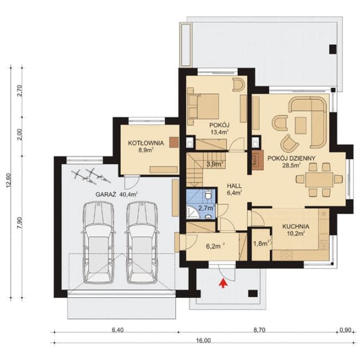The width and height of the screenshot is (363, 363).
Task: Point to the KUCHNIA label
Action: [x=296, y=226]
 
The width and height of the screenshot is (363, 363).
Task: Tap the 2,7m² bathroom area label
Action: [x=206, y=208]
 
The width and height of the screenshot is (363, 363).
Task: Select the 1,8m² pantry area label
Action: [x=261, y=243]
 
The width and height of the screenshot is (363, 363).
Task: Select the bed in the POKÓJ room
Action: [x=205, y=105]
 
